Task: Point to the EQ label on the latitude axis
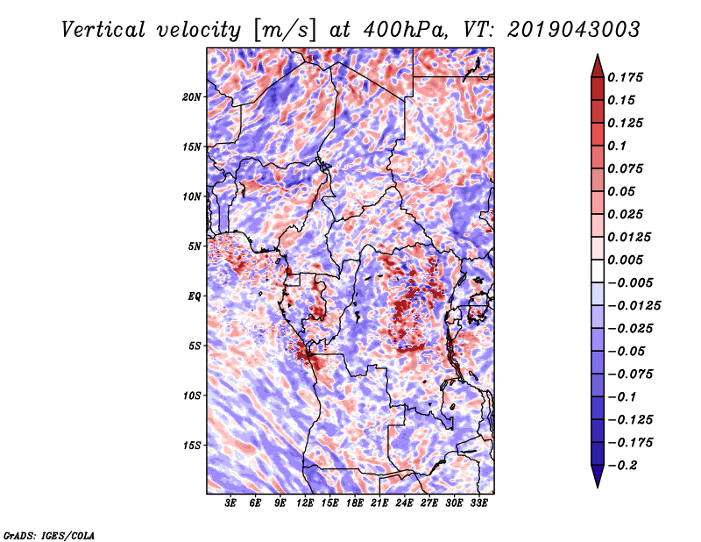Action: pyautogui.click(x=195, y=296)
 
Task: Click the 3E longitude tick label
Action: pyautogui.click(x=231, y=503)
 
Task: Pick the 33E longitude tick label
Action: pyautogui.click(x=478, y=503)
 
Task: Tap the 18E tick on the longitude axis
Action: pyautogui.click(x=355, y=503)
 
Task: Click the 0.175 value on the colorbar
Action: pyautogui.click(x=628, y=77)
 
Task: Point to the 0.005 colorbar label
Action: pyautogui.click(x=628, y=260)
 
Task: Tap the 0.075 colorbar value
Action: pyautogui.click(x=628, y=168)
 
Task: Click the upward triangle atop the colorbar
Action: pyautogui.click(x=597, y=64)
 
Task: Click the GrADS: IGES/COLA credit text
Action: pyautogui.click(x=49, y=534)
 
